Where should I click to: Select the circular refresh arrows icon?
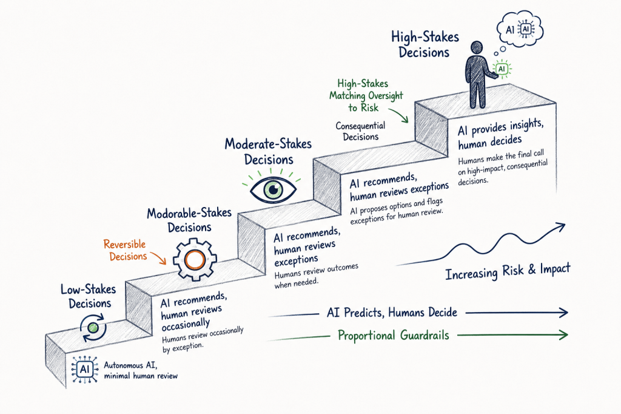pos(93,328)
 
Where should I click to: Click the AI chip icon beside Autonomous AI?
pos(85,370)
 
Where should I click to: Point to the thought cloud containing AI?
pos(520,29)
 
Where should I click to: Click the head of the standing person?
pos(477,47)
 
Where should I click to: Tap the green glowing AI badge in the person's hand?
pos(502,69)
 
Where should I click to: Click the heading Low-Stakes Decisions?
pos(89,296)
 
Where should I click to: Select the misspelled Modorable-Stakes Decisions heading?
pos(189,220)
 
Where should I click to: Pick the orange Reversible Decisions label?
pos(126,250)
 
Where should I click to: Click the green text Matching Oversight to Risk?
pos(366,101)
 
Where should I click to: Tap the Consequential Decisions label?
pos(360,131)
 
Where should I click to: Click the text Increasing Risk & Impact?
pos(508,271)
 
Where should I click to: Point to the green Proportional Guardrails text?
pos(393,336)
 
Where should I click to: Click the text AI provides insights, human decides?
pos(500,134)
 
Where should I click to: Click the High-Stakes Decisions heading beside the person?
pos(425,44)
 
